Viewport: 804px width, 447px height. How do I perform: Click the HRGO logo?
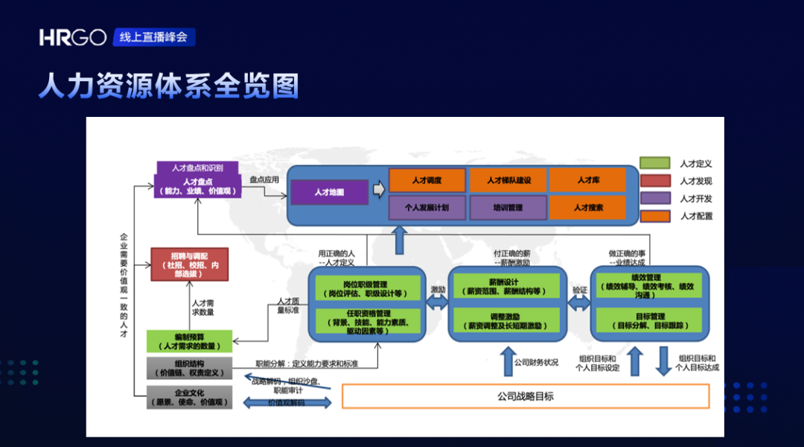click(73, 38)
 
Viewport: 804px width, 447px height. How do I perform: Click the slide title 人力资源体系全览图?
click(169, 86)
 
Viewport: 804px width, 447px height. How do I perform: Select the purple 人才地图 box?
click(329, 192)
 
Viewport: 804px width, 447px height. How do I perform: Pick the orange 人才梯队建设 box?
click(508, 180)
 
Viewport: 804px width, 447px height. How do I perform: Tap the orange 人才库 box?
click(588, 180)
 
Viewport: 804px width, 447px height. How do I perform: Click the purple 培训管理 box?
click(508, 208)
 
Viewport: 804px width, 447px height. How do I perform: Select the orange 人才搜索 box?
click(588, 208)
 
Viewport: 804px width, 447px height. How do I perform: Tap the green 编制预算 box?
click(189, 341)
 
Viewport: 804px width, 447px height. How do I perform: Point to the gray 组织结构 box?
click(189, 369)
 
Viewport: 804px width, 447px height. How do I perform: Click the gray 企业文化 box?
click(189, 397)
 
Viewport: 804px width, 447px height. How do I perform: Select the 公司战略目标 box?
click(525, 396)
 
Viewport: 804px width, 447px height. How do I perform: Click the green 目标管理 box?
click(649, 320)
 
